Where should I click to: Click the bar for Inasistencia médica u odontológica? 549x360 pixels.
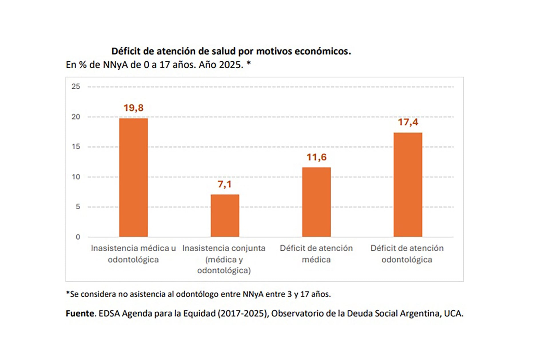click(x=133, y=177)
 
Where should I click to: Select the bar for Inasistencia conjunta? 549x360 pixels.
click(x=225, y=216)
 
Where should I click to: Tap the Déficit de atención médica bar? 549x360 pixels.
click(x=316, y=202)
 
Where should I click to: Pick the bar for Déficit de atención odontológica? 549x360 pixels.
click(x=408, y=185)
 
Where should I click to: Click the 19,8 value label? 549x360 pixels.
click(x=133, y=108)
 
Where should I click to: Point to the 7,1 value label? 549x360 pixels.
click(x=224, y=184)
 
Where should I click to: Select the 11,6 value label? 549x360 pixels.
click(x=316, y=157)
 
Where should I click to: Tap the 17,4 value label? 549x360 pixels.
click(x=408, y=122)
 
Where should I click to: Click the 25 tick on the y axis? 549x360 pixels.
click(x=76, y=86)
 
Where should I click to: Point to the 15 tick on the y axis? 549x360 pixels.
click(x=76, y=147)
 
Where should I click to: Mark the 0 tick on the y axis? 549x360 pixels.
click(x=78, y=237)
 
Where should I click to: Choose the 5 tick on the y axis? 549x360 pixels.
click(x=78, y=207)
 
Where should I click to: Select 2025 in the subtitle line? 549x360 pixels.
click(x=231, y=65)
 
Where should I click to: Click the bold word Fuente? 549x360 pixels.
click(x=80, y=313)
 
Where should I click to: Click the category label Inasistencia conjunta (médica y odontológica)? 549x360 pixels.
click(x=224, y=259)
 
